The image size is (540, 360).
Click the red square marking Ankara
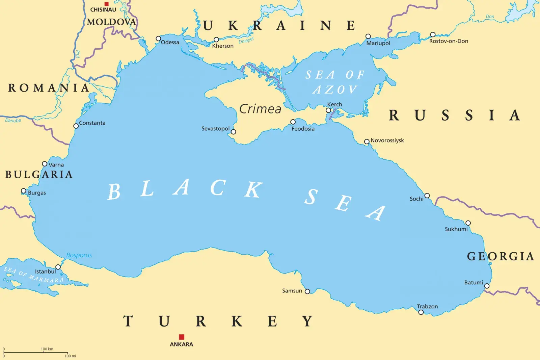[182, 337]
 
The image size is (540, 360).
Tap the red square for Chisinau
[107, 4]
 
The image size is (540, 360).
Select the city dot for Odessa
[158, 38]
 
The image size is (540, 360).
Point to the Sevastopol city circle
[233, 132]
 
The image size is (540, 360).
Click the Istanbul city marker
[58, 267]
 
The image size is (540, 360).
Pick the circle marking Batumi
[487, 286]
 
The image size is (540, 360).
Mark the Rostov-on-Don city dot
[433, 34]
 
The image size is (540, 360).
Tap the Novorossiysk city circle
[367, 142]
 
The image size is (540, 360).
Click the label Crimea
[260, 109]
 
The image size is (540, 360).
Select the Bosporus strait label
[79, 255]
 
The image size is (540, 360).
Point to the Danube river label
[13, 120]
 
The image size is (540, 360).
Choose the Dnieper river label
[246, 41]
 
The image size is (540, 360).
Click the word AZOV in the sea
[334, 90]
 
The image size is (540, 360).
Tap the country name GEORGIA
[501, 256]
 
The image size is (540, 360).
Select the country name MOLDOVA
[111, 22]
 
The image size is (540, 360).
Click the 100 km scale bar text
[47, 349]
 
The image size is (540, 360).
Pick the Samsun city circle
[307, 291]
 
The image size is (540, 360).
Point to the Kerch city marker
[328, 110]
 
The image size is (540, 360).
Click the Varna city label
[56, 165]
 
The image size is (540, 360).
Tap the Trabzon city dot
[421, 312]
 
